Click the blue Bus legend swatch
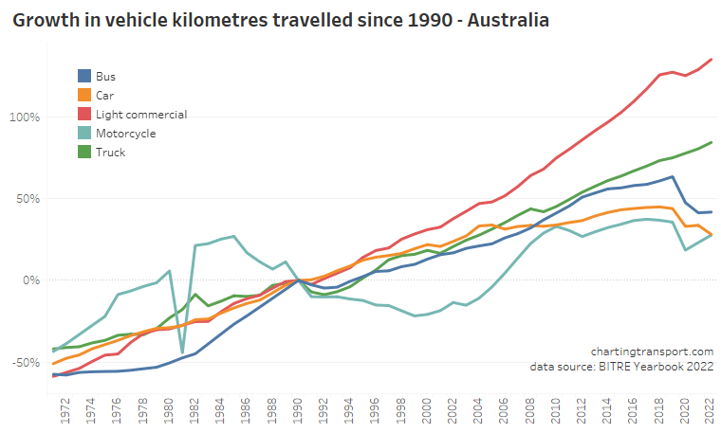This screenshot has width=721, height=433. [84, 76]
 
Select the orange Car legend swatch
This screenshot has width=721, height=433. [84, 95]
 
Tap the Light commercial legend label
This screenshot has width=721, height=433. [142, 114]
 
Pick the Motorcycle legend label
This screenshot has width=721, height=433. [126, 133]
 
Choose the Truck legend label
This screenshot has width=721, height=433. [111, 152]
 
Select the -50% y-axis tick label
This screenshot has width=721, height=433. [26, 362]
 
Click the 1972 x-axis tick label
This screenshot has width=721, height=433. [65, 410]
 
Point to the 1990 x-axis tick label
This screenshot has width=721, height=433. [299, 410]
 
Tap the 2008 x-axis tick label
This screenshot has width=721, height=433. [531, 410]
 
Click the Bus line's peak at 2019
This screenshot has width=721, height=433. [672, 176]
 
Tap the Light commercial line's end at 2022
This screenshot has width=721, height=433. [712, 60]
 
